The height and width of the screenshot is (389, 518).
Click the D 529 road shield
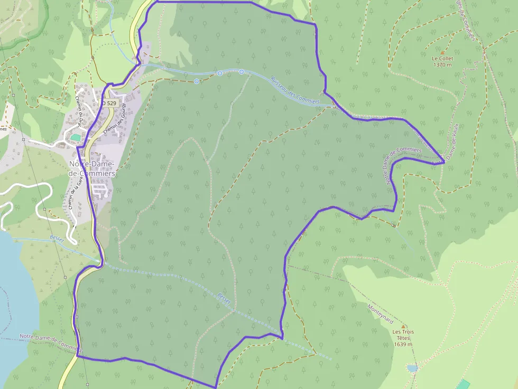tap(109, 103)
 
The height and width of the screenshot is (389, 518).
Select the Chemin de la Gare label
tap(75, 193)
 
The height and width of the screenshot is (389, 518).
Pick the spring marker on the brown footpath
tap(197, 81)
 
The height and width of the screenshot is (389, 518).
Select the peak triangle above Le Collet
tap(442, 52)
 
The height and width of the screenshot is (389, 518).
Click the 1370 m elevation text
tap(442, 65)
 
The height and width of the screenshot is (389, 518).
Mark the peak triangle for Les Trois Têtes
tap(404, 326)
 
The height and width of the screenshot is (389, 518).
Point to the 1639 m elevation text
tap(403, 344)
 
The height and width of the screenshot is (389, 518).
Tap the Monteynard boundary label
tap(381, 314)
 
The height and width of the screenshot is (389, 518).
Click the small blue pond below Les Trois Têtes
tap(412, 368)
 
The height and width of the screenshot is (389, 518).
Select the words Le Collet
tap(442, 59)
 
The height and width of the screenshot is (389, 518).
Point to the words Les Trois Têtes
tap(403, 335)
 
